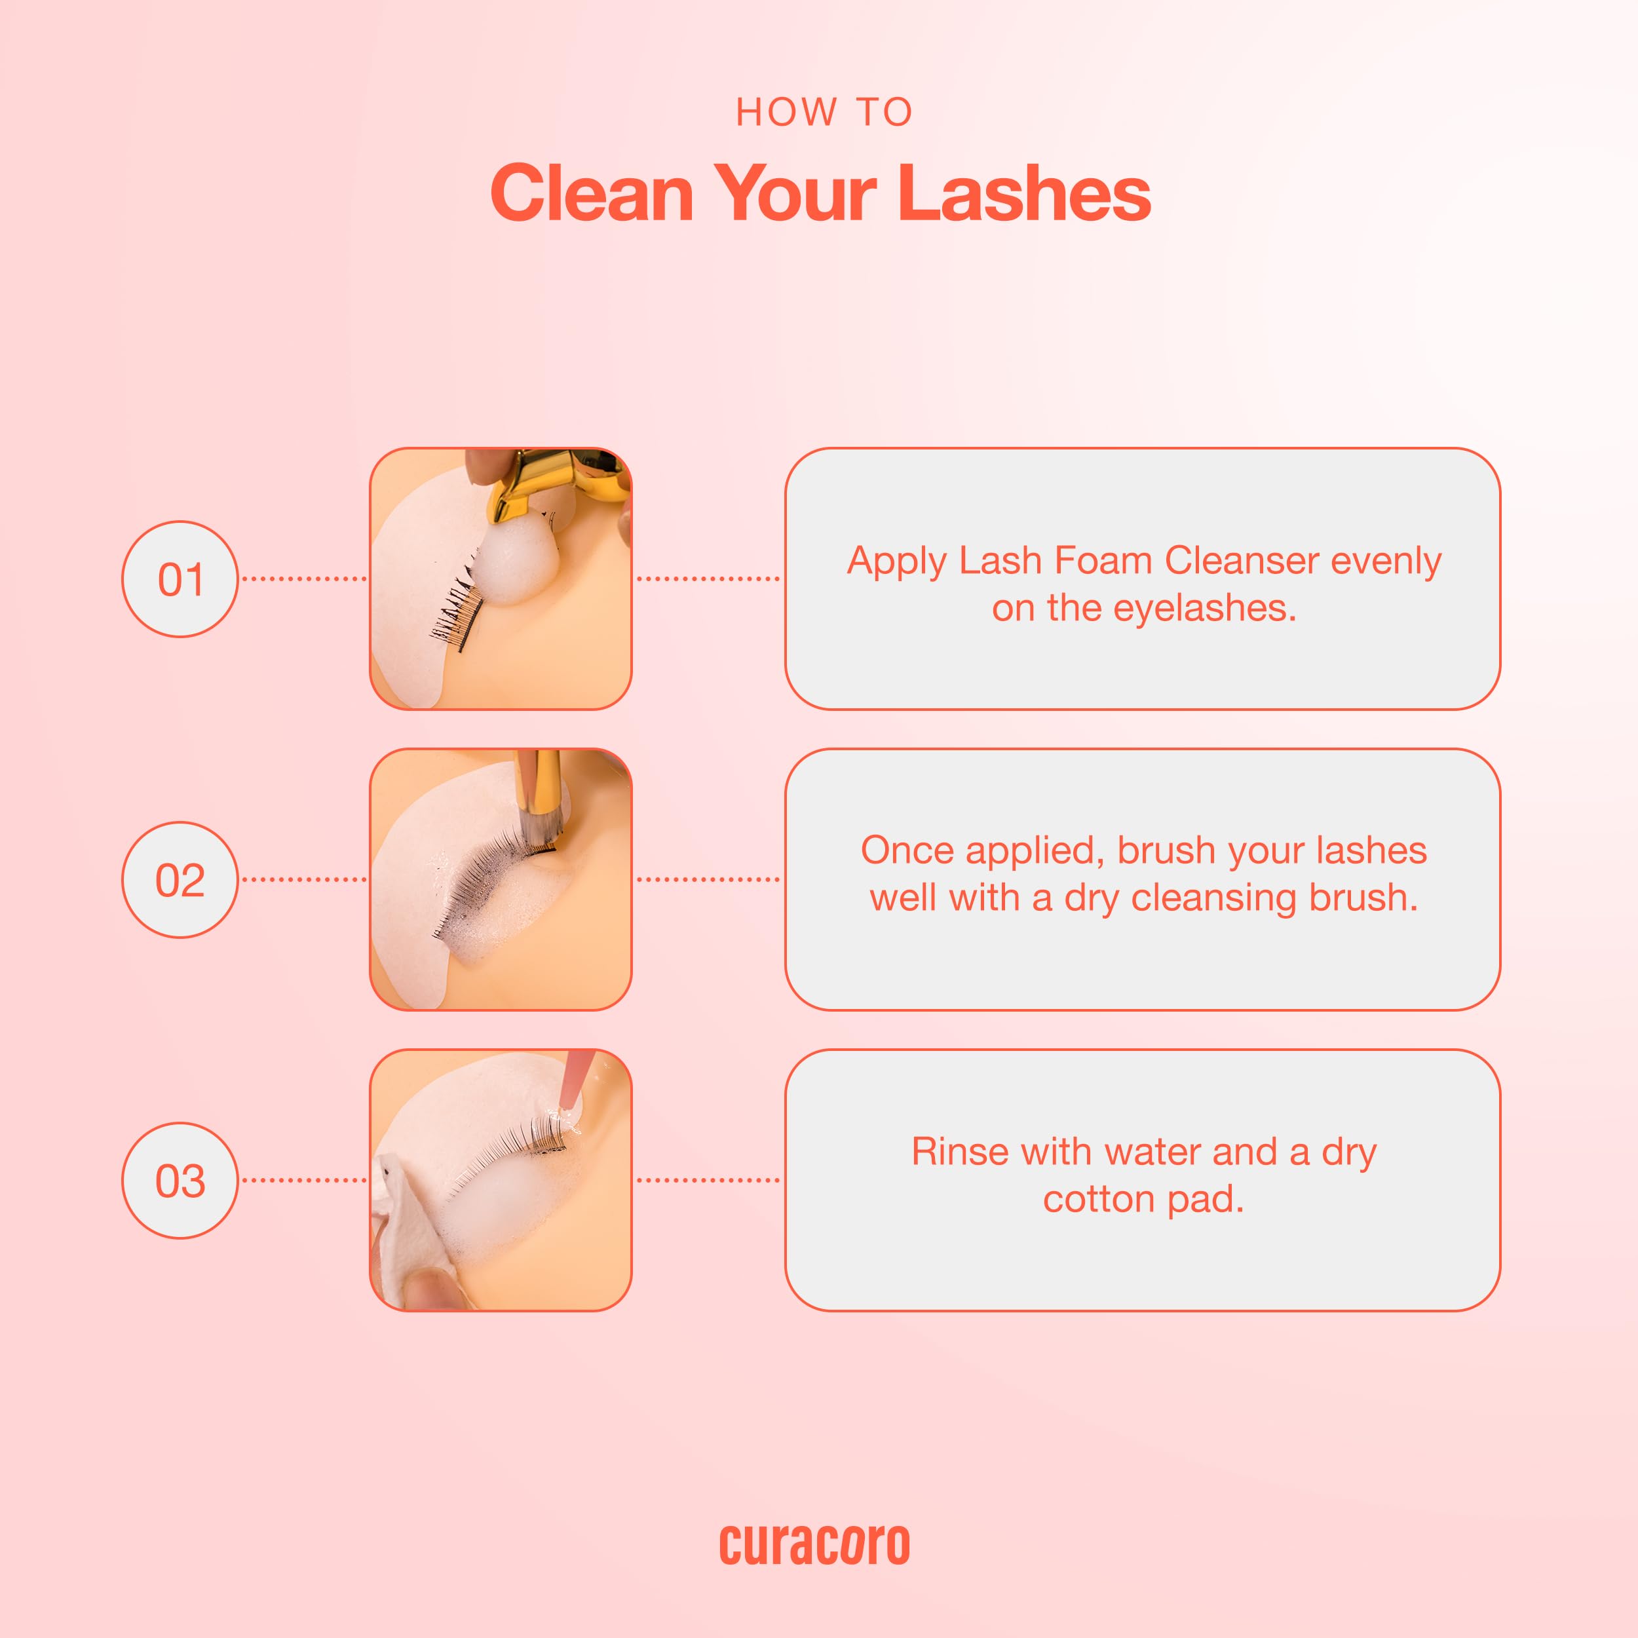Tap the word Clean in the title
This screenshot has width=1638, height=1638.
[592, 193]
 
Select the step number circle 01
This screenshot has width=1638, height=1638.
[180, 579]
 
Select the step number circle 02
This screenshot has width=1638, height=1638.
[180, 879]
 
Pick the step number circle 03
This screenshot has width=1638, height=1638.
[180, 1180]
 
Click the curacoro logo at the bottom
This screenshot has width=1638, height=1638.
[815, 1545]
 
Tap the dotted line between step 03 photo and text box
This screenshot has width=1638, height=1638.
[708, 1180]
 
